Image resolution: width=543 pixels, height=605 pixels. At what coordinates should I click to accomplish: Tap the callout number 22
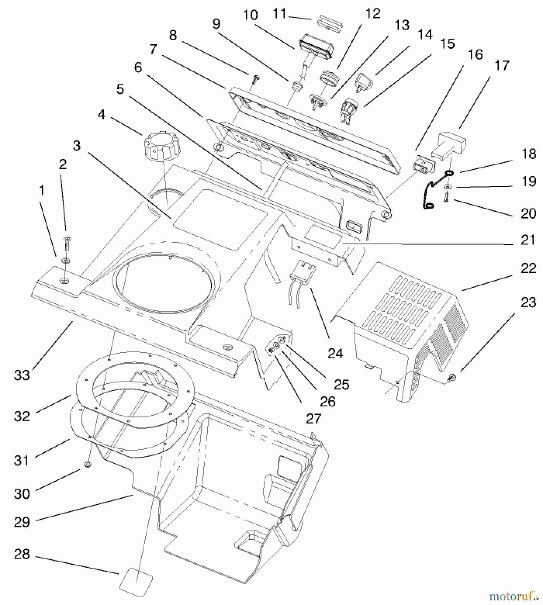pyautogui.click(x=528, y=268)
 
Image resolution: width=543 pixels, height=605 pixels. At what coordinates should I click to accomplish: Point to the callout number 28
pyautogui.click(x=22, y=554)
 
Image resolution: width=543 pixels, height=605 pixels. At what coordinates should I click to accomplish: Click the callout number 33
pyautogui.click(x=22, y=375)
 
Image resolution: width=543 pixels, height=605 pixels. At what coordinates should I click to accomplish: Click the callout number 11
pyautogui.click(x=279, y=14)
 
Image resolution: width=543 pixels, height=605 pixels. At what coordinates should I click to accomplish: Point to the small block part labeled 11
pyautogui.click(x=330, y=23)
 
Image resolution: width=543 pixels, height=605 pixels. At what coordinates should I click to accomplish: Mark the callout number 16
pyautogui.click(x=475, y=54)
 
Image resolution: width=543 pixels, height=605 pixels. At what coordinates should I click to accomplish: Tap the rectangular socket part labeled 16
pyautogui.click(x=424, y=165)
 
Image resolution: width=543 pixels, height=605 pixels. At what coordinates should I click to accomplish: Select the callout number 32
pyautogui.click(x=22, y=416)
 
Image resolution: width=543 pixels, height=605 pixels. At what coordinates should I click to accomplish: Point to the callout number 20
pyautogui.click(x=528, y=213)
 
